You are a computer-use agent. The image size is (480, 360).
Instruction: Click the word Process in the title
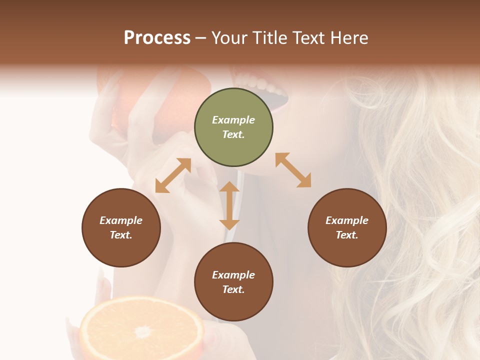coord(157,38)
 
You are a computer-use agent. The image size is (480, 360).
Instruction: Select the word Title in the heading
coord(266,38)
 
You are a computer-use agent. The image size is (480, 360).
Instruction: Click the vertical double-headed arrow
coord(229,205)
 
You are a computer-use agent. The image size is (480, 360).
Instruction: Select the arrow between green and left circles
coord(173,175)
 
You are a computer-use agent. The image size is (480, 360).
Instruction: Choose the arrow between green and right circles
coord(293,170)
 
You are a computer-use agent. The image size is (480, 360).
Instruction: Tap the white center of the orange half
coord(143,331)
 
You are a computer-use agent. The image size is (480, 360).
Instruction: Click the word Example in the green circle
coord(233,120)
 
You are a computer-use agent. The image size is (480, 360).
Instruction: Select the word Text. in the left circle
coord(121,235)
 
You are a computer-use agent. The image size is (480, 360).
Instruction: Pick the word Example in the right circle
coord(347,220)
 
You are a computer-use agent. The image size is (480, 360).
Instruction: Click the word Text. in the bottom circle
coord(233,289)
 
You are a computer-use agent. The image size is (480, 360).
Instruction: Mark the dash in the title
coord(200,38)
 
